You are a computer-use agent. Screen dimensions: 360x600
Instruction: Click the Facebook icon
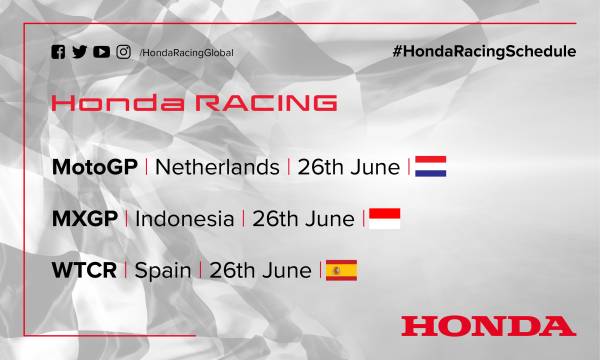pos(57,52)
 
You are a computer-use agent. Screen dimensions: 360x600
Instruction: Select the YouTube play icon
pos(101,52)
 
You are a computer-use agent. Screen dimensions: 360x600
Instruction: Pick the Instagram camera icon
pos(123,52)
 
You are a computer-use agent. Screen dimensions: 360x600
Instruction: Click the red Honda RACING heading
pos(193,103)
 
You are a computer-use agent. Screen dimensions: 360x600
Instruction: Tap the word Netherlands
pos(218,166)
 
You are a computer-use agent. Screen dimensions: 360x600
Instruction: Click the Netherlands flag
pos(430,166)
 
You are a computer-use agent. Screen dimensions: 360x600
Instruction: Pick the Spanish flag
pos(341,270)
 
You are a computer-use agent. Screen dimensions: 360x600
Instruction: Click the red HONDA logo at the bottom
pos(487,325)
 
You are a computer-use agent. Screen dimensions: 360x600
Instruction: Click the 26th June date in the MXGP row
pos(303,218)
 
